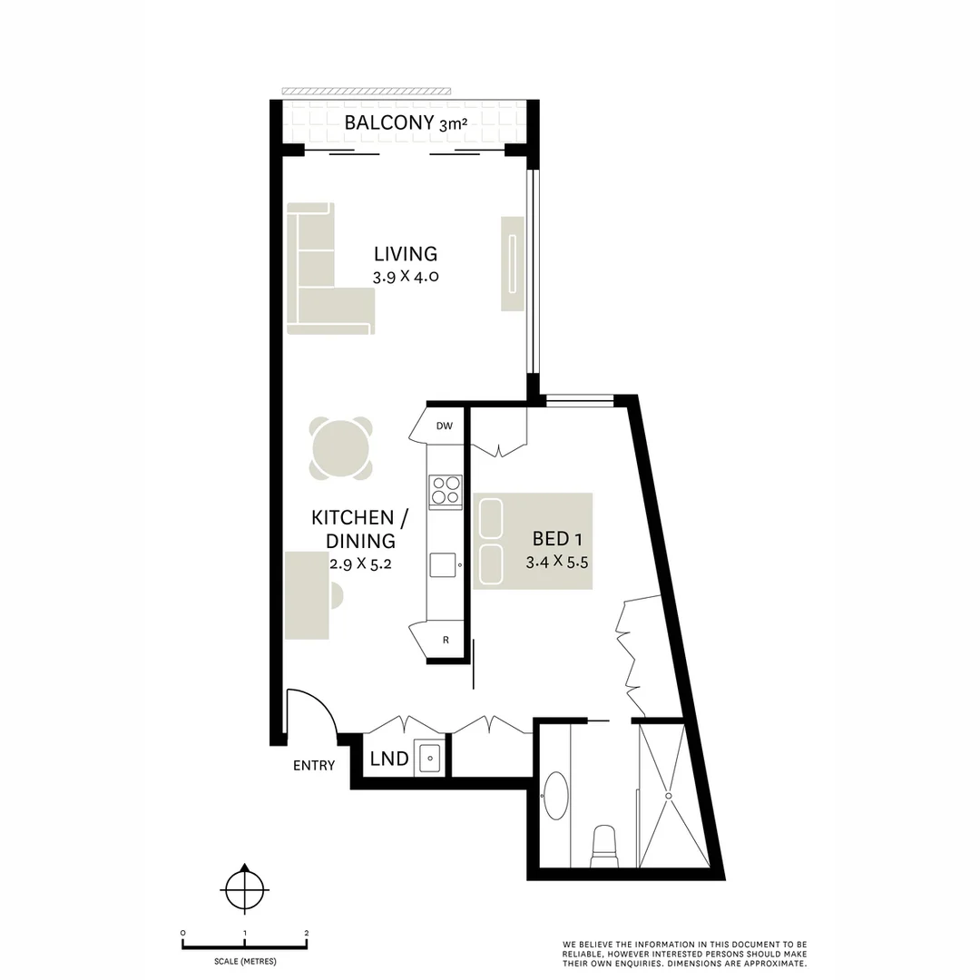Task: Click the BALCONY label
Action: (388, 123)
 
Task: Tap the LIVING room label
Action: (406, 254)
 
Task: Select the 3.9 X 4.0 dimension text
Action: (406, 277)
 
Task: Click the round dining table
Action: (340, 447)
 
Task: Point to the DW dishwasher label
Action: (444, 426)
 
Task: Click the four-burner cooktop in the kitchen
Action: (445, 491)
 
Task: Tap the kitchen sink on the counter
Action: (444, 564)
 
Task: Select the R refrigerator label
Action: (446, 640)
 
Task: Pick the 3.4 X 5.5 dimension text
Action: (558, 562)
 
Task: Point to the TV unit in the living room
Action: (513, 263)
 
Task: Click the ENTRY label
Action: (314, 765)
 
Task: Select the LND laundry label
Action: (389, 759)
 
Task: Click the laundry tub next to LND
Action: (428, 758)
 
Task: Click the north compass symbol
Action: (244, 888)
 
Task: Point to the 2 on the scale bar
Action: (307, 933)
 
